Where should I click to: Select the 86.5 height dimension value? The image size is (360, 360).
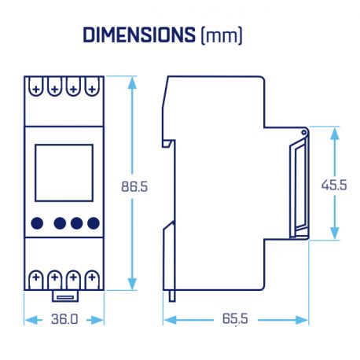(134, 187)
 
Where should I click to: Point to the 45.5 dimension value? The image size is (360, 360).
(335, 185)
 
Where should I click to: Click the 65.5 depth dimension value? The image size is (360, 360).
(235, 320)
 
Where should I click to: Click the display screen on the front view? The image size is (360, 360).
(64, 174)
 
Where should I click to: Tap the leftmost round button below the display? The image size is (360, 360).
(36, 223)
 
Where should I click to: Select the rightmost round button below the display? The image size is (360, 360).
(94, 223)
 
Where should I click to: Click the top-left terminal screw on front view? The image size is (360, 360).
(35, 89)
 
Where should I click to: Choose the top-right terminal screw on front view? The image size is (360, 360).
(92, 89)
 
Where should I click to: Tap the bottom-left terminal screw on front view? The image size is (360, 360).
(36, 277)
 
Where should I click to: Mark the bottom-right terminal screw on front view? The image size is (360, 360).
(92, 277)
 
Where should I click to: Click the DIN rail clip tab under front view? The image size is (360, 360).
(64, 297)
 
